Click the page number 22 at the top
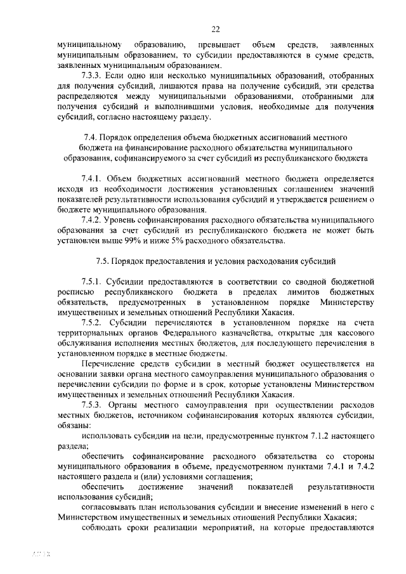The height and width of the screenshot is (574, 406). click(x=215, y=29)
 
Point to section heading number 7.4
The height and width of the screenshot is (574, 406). click(x=91, y=137)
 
